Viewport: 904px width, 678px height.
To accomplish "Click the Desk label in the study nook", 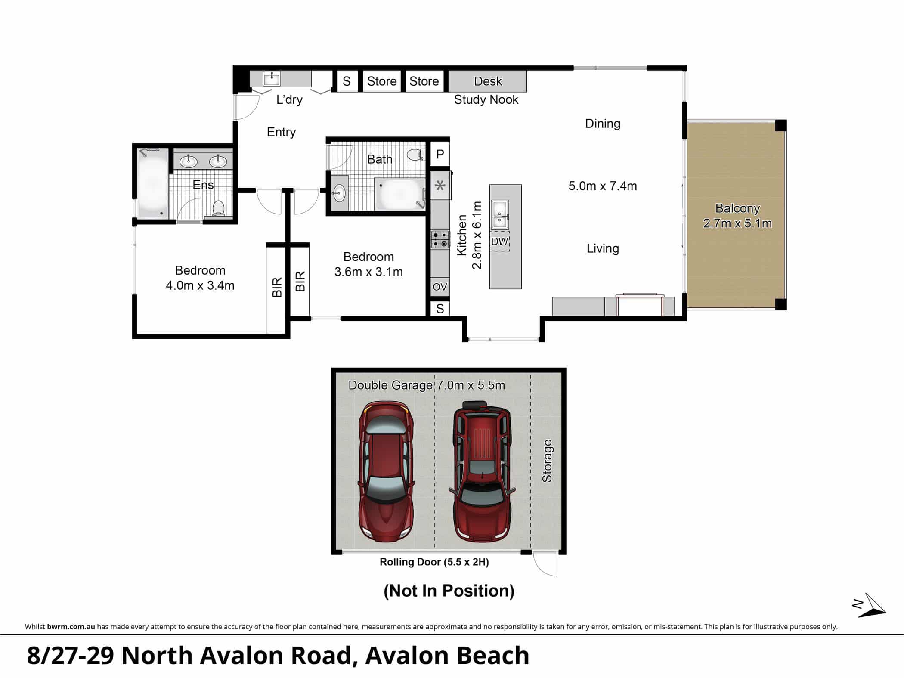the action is click(488, 81).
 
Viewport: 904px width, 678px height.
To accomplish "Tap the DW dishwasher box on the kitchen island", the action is click(499, 241).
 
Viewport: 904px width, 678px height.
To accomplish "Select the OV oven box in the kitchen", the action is click(440, 287).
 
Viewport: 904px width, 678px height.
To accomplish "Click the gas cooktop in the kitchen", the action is click(440, 240).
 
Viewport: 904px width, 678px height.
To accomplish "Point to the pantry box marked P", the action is click(440, 154).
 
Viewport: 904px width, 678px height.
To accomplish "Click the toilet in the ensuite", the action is click(219, 208).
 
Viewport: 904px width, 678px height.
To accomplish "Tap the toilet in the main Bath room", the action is click(415, 155).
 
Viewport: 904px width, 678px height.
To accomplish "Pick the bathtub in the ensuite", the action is click(153, 183).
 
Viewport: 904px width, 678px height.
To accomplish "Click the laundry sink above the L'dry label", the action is click(272, 79).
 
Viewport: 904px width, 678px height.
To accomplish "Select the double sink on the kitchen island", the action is click(500, 214).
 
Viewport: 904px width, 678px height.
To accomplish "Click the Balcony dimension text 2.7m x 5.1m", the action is click(737, 223).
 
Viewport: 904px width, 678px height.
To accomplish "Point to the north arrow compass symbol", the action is click(869, 605).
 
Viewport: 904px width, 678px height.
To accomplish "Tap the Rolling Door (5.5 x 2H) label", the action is click(434, 562).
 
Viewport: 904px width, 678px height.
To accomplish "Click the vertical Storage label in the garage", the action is click(547, 461).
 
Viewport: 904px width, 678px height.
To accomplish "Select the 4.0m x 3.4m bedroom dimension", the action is click(200, 285).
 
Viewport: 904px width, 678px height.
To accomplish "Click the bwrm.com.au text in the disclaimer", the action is click(71, 627).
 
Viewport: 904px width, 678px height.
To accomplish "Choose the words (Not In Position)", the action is click(449, 591).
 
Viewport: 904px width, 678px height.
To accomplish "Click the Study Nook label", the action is click(486, 99).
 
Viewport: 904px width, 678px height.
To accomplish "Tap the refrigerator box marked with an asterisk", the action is click(440, 186).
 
